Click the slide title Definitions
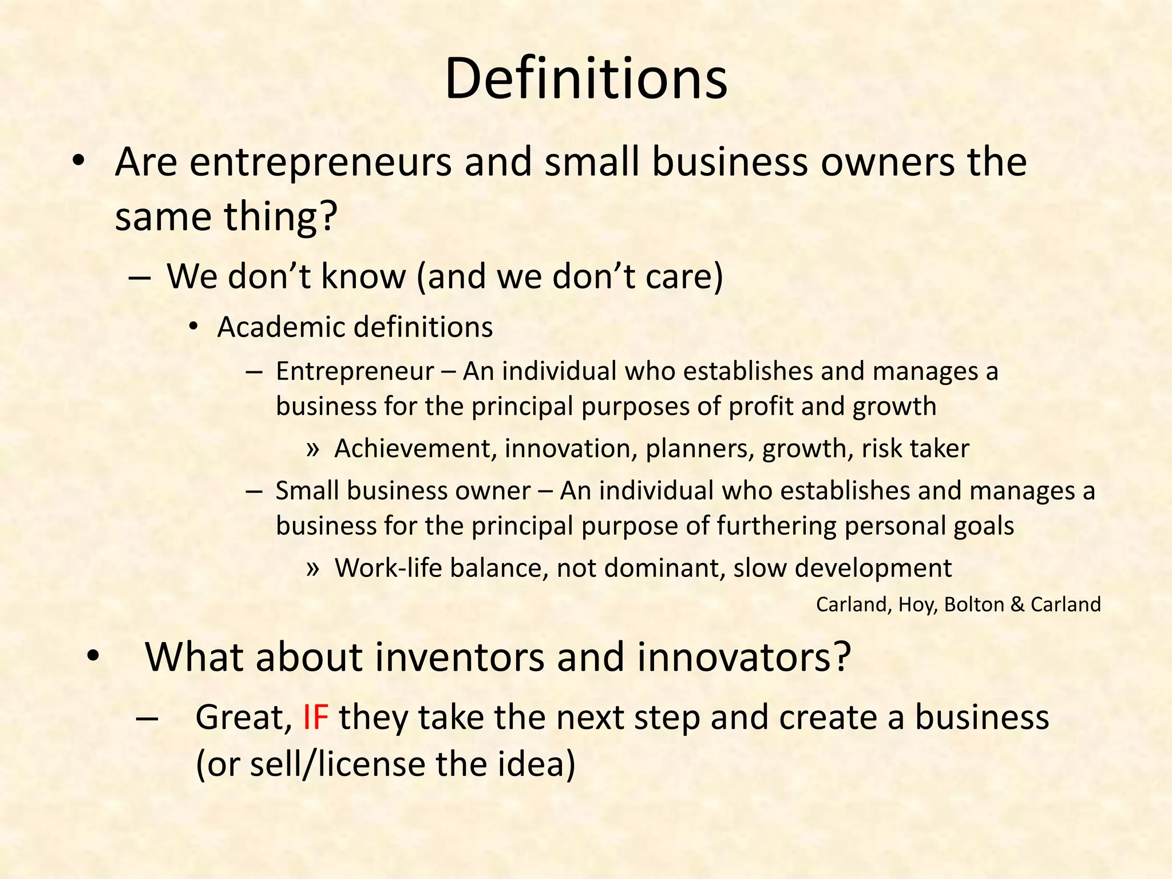585,78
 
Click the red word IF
315,717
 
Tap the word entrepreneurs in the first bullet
320,162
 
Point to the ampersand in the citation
1017,604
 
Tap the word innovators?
744,657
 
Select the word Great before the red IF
243,717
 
